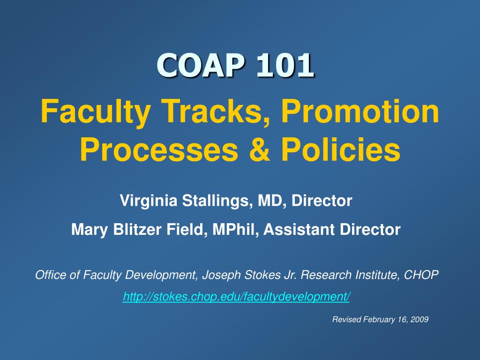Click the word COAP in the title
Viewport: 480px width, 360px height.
[x=201, y=65]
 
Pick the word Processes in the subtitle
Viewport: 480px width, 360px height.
[x=158, y=150]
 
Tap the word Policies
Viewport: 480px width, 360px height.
[x=341, y=149]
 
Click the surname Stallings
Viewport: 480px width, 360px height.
[x=217, y=201]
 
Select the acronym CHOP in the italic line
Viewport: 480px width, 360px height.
[x=421, y=275]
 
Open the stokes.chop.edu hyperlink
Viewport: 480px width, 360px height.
[x=236, y=297]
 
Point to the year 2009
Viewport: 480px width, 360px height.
[x=420, y=320]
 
